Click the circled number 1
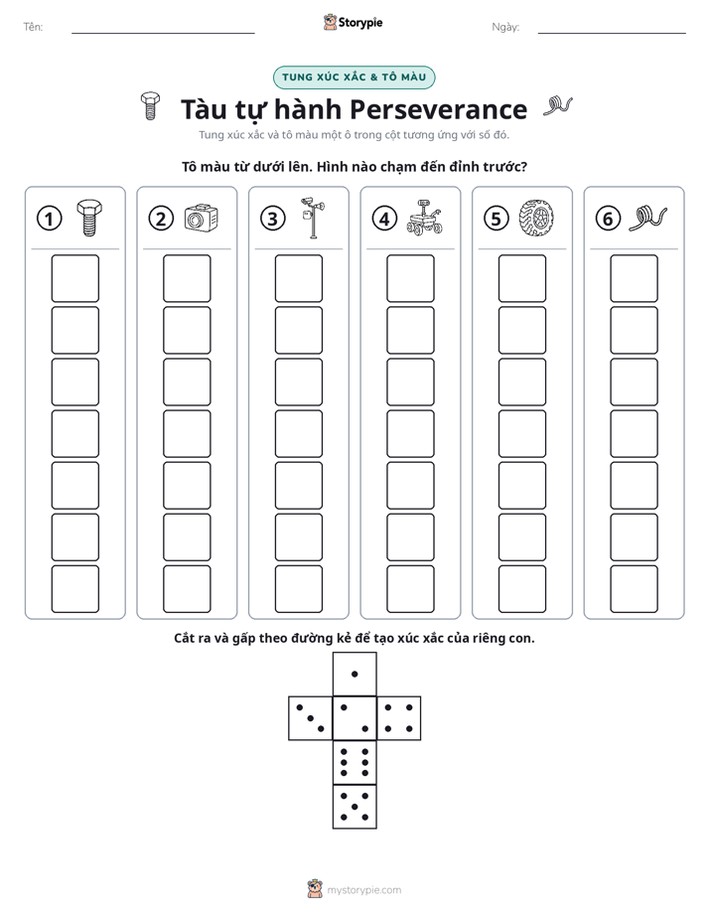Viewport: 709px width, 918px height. (x=49, y=219)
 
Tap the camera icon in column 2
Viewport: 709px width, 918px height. (x=202, y=218)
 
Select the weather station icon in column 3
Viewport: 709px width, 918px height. (x=313, y=218)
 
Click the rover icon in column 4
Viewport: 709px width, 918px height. (x=424, y=218)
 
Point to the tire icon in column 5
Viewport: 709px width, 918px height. (x=536, y=218)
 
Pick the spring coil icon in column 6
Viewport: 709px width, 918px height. (x=647, y=218)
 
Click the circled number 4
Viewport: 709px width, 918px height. (x=384, y=219)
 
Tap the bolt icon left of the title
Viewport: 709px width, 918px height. (x=150, y=106)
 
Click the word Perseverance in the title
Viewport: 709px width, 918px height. (x=438, y=109)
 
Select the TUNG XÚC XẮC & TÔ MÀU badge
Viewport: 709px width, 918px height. (x=354, y=77)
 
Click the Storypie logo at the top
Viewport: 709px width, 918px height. (x=353, y=22)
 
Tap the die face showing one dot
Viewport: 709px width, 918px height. (x=354, y=674)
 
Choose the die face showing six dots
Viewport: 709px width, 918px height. (x=354, y=762)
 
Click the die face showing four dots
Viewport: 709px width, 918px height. (x=399, y=718)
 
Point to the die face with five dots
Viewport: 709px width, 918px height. (x=354, y=807)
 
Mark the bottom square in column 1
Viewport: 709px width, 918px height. (x=74, y=589)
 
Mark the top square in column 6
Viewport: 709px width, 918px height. (x=635, y=278)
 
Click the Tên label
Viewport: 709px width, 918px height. (x=33, y=27)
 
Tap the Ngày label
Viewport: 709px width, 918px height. (x=505, y=27)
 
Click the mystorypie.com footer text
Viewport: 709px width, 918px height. (x=363, y=890)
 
